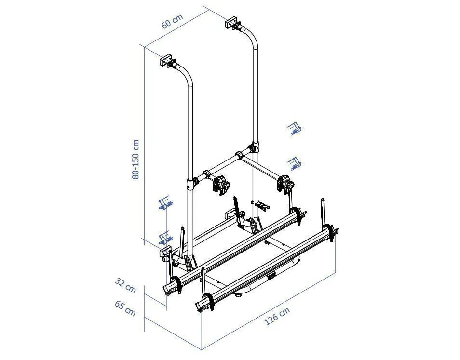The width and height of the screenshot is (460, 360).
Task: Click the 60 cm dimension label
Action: coord(172,21)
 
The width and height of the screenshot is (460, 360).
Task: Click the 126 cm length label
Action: coord(277,316)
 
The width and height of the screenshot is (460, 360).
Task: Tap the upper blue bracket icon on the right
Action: coord(294,129)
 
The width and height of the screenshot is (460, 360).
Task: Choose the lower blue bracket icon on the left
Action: coord(165,237)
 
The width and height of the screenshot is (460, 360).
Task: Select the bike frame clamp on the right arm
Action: coord(284,184)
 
